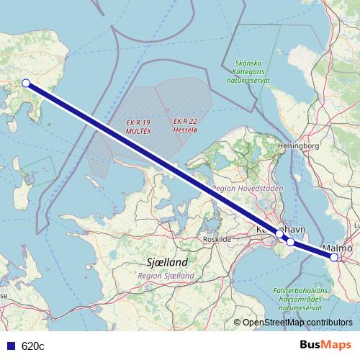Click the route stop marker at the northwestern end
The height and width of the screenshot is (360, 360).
26,83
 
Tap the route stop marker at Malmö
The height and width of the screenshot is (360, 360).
334,256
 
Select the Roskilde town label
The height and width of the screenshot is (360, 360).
217,238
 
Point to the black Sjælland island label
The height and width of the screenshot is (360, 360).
166,263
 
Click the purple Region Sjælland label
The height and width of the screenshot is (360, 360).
166,276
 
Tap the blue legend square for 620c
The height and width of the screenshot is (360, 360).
9,346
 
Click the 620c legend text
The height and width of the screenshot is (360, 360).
33,346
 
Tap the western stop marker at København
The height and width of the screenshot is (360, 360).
279,233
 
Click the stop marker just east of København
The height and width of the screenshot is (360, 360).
290,242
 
